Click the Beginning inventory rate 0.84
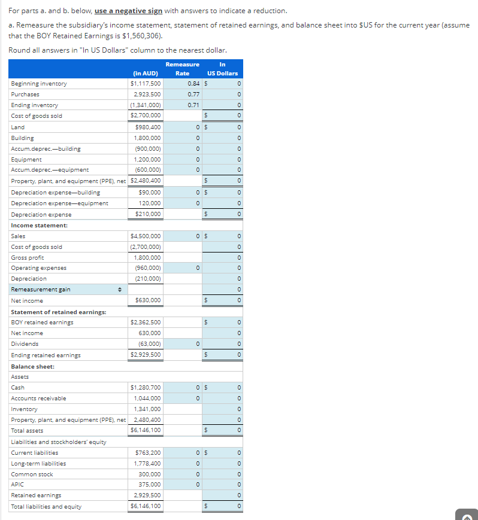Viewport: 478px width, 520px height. [193, 84]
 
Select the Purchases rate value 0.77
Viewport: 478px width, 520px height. [193, 95]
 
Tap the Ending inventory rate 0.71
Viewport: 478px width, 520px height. [193, 105]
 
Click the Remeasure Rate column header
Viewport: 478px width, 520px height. [182, 68]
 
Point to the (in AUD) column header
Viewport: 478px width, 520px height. [145, 73]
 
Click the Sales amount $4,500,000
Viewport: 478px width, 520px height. [146, 236]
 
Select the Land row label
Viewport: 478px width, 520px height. [18, 127]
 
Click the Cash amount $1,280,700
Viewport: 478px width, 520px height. [146, 388]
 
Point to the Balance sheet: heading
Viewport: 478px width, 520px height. [33, 366]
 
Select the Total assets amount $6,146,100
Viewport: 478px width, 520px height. [146, 431]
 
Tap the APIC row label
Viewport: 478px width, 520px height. [17, 485]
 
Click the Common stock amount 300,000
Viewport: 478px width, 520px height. [149, 475]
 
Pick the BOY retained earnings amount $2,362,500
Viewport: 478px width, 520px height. [146, 323]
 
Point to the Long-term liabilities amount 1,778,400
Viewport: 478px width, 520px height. [147, 464]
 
